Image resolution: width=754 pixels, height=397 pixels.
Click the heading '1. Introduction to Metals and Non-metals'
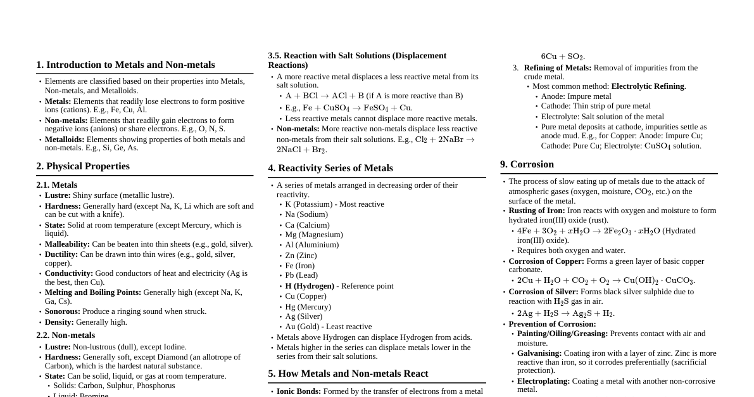click(x=125, y=65)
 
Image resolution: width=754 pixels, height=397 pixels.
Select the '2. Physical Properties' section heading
click(x=83, y=166)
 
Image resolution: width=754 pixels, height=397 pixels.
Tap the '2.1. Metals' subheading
click(x=57, y=185)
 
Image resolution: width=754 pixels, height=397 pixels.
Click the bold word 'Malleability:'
click(x=67, y=244)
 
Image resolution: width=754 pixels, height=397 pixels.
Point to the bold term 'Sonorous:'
click(x=63, y=311)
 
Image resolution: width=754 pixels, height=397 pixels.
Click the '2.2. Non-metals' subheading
click(x=66, y=335)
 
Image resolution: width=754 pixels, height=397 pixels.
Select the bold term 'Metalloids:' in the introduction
click(x=65, y=140)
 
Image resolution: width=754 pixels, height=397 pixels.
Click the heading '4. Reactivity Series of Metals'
click(x=330, y=168)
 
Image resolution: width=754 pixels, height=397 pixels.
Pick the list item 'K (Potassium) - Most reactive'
click(x=334, y=204)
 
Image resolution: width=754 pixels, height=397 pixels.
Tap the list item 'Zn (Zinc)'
click(x=301, y=256)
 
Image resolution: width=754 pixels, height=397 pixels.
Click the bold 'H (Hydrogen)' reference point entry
click(x=310, y=286)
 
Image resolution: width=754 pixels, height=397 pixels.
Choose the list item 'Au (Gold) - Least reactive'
click(x=328, y=327)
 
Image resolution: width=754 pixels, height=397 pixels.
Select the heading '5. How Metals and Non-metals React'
click(x=348, y=374)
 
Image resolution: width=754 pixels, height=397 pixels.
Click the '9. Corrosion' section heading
click(x=527, y=164)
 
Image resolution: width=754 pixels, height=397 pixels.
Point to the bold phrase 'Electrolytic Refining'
click(x=648, y=86)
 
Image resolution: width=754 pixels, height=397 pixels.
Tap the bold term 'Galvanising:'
click(x=539, y=353)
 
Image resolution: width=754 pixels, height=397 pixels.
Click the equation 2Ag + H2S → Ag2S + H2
click(x=565, y=313)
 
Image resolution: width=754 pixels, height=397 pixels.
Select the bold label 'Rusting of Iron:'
click(x=537, y=211)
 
